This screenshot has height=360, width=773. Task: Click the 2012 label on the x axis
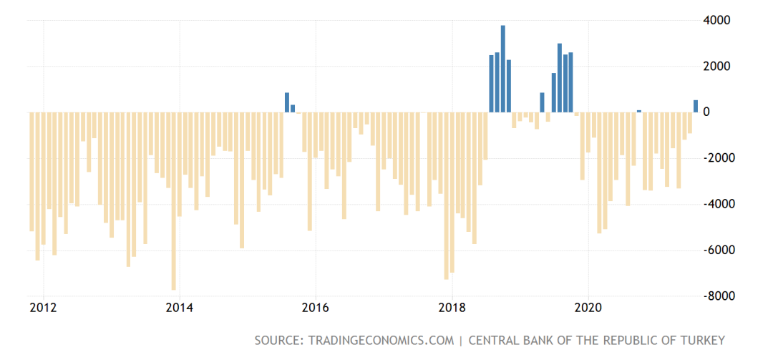point(44,308)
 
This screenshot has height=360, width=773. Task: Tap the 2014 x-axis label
point(180,308)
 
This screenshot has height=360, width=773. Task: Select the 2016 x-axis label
point(316,308)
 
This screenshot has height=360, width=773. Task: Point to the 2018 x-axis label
point(452,308)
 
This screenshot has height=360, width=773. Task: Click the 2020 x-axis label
point(588,308)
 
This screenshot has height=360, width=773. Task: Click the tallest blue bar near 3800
point(503,69)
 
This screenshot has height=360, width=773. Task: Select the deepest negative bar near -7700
point(173,200)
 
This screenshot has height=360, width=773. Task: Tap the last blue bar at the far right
point(696,106)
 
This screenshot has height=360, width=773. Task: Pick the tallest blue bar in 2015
point(287,102)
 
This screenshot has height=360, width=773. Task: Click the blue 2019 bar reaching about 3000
point(560,78)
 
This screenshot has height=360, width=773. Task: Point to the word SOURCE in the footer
point(278,341)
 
